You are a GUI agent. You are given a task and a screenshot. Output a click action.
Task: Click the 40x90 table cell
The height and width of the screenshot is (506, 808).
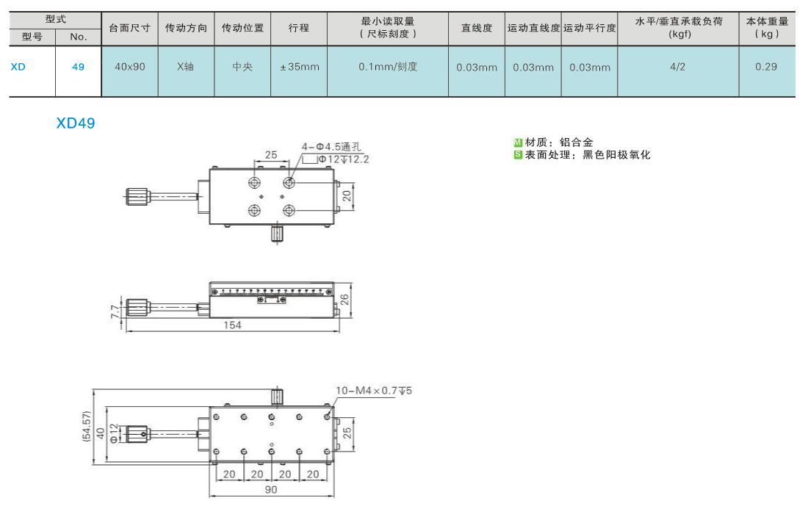coord(130,67)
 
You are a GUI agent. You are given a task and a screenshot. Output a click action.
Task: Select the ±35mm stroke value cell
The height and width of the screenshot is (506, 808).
coord(300,67)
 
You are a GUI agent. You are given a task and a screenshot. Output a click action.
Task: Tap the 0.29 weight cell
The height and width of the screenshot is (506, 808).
coord(766,67)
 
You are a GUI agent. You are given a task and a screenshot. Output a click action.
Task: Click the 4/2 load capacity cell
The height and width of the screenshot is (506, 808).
coord(678,67)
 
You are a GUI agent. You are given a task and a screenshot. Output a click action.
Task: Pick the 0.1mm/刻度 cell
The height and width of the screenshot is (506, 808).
coord(388,67)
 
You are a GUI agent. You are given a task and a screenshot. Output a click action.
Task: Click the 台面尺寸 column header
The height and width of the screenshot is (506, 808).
coord(129,28)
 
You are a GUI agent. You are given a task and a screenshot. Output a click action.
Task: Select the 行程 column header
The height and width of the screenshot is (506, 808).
coord(299,28)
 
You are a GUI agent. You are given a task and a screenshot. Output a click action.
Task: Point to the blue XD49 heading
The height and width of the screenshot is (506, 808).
coord(76,123)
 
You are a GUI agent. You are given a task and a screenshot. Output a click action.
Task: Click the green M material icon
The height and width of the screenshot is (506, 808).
coord(518,142)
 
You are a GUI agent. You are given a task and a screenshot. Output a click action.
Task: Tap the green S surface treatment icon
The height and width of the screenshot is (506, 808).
coord(518,154)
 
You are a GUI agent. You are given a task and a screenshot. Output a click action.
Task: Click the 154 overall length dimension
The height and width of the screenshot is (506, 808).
coord(232,325)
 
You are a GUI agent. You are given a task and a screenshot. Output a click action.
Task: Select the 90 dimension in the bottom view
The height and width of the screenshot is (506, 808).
coord(271,490)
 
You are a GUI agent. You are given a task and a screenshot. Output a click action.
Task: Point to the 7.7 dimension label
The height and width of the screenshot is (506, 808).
coord(115,311)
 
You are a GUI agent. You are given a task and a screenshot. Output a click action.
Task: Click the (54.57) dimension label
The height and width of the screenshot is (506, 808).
coord(87,426)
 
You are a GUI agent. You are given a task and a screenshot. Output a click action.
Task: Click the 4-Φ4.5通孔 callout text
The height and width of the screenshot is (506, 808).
coord(331,147)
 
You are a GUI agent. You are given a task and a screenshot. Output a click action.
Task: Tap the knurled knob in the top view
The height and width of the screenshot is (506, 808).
coord(138,196)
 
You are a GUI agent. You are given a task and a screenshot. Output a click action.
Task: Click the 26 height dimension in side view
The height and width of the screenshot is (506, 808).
coord(345,300)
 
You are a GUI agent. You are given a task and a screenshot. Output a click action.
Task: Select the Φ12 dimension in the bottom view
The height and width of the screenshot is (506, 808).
coord(114,433)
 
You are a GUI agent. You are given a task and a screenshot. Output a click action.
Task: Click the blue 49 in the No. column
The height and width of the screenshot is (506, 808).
coord(79,67)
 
